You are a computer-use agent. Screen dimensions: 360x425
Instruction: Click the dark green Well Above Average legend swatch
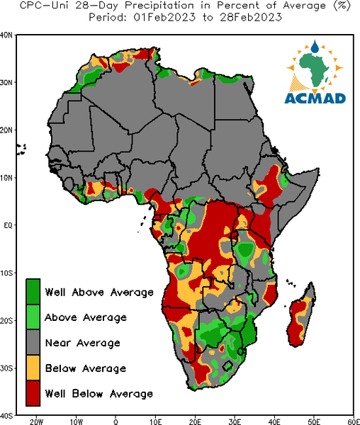pyautogui.click(x=33, y=292)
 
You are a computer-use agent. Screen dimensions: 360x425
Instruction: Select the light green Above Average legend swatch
pyautogui.click(x=33, y=317)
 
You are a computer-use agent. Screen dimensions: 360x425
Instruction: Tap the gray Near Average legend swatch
pyautogui.click(x=33, y=342)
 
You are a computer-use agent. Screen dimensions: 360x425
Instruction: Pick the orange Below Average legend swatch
pyautogui.click(x=33, y=368)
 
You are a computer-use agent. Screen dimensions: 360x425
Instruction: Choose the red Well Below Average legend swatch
pyautogui.click(x=33, y=393)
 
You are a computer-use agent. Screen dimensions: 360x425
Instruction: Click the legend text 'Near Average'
pyautogui.click(x=82, y=343)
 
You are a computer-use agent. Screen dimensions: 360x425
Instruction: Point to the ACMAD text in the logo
pyautogui.click(x=315, y=98)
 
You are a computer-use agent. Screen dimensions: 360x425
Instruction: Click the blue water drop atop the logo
pyautogui.click(x=315, y=46)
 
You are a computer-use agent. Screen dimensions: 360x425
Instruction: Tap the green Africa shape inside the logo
pyautogui.click(x=314, y=68)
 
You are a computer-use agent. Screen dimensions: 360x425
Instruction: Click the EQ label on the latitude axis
pyautogui.click(x=8, y=225)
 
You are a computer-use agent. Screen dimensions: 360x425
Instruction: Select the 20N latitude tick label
pyautogui.click(x=6, y=130)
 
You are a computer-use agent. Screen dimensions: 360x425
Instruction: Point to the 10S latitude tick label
pyautogui.click(x=6, y=273)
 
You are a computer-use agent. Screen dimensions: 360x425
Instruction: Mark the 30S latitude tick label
pyautogui.click(x=6, y=368)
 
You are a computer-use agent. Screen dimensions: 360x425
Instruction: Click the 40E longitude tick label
pyautogui.click(x=274, y=421)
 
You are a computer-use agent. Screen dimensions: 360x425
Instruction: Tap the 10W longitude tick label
pyautogui.click(x=76, y=421)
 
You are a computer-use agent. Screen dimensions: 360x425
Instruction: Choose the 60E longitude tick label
pyautogui.click(x=354, y=421)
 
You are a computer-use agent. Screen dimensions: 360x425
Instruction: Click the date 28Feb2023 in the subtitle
pyautogui.click(x=251, y=17)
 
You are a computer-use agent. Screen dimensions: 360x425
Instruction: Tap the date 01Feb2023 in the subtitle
pyautogui.click(x=164, y=17)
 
